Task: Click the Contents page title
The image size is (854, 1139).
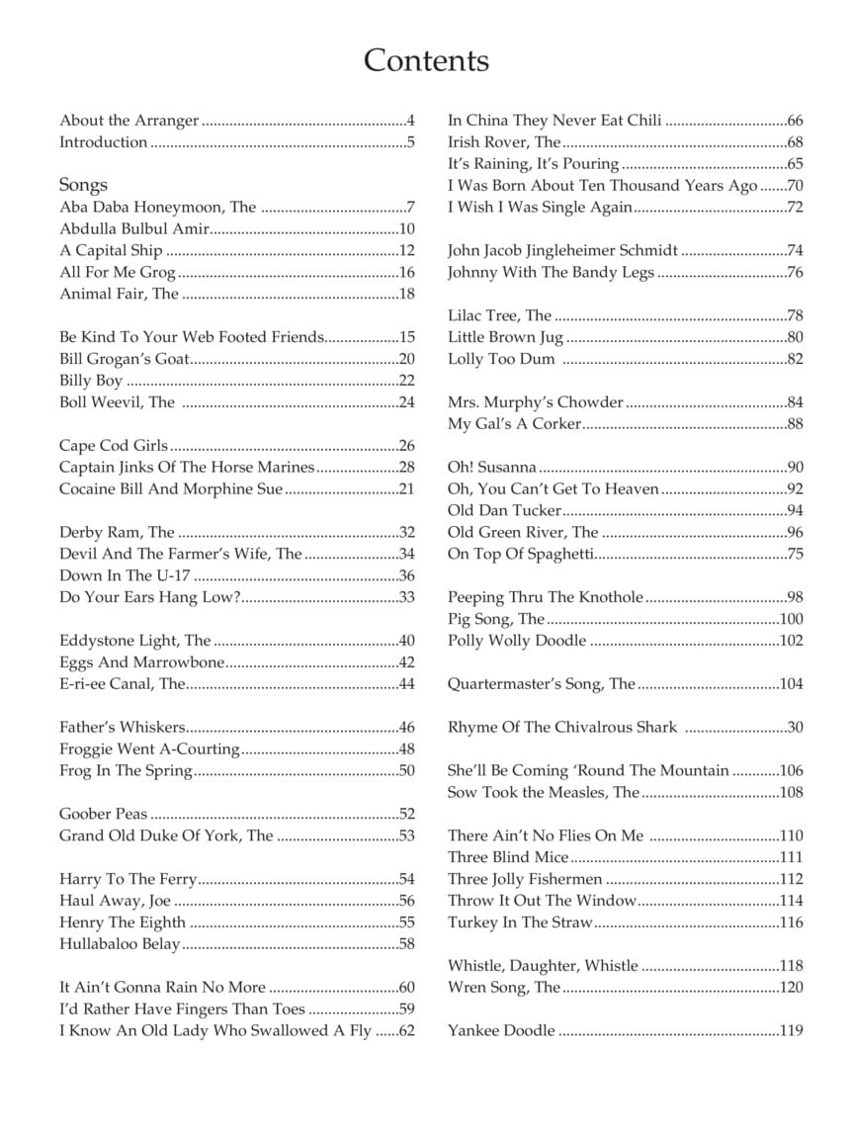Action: point(426,60)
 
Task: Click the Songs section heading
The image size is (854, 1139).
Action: point(83,185)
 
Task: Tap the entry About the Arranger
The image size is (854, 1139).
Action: point(128,121)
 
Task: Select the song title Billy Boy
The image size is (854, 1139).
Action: point(91,381)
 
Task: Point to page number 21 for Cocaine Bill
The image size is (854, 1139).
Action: point(406,489)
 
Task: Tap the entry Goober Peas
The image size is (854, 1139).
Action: point(103,815)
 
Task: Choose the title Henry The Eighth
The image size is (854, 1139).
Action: point(123,922)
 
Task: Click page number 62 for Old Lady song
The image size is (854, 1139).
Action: point(406,1031)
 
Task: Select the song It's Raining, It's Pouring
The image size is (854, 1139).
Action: point(533,164)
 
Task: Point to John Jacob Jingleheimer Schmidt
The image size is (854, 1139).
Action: point(562,251)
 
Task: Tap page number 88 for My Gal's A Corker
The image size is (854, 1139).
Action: point(795,424)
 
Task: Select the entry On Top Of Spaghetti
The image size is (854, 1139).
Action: point(520,554)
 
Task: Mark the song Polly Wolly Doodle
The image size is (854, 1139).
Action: point(517,641)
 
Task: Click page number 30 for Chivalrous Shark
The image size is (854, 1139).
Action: point(795,728)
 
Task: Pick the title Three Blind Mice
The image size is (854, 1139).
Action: point(508,857)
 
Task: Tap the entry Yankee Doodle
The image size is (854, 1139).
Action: point(501,1030)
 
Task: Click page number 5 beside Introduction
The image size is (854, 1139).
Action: point(410,142)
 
